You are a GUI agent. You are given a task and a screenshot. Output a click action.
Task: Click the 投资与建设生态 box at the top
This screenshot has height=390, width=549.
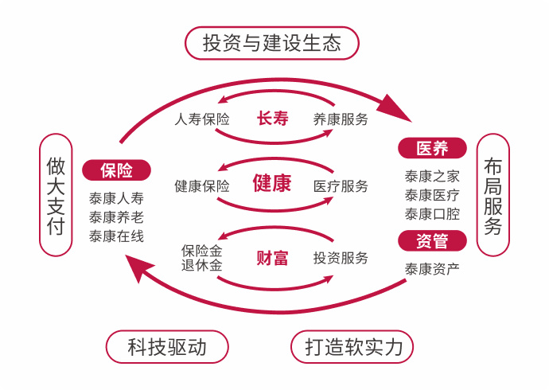(x=272, y=43)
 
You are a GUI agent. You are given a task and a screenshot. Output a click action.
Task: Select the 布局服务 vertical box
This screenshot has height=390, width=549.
(x=493, y=194)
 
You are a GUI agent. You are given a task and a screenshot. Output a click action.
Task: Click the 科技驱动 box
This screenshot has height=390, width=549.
(x=167, y=347)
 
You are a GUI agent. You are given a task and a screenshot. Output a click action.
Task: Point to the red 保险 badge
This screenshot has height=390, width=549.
(x=116, y=170)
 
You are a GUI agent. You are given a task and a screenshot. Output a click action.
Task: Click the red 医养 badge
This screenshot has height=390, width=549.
(x=432, y=148)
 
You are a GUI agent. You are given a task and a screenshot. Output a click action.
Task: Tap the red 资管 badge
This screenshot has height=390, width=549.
(x=432, y=240)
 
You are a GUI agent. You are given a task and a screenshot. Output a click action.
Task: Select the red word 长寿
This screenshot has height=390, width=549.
(x=272, y=119)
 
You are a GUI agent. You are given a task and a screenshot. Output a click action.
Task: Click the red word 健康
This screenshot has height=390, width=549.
(x=272, y=185)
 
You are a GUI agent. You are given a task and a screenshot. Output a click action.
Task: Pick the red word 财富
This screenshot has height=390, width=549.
(x=272, y=258)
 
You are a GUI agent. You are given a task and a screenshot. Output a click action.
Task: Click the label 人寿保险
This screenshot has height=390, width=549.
(x=202, y=120)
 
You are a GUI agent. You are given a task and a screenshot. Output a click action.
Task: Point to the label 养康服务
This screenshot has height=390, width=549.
(x=341, y=120)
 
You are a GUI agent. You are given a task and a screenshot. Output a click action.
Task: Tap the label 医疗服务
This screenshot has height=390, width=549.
(x=341, y=186)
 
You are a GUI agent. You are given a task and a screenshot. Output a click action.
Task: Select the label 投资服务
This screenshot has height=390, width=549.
(x=341, y=258)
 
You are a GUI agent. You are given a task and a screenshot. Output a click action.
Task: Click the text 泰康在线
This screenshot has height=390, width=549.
(x=116, y=236)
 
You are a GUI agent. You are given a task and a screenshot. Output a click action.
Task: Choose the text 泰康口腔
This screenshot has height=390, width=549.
(x=432, y=213)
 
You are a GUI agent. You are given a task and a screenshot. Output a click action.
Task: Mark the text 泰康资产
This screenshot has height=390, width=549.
(x=432, y=269)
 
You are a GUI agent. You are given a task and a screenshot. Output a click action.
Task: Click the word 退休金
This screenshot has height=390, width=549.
(x=201, y=265)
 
